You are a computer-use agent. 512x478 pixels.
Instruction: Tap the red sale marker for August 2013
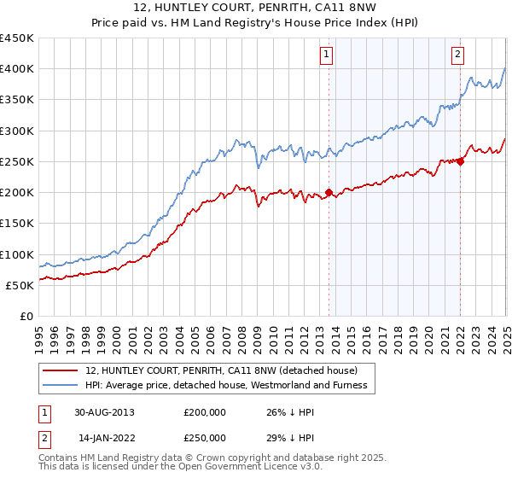pos(329,192)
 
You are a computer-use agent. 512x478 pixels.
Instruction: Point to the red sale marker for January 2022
pos(460,161)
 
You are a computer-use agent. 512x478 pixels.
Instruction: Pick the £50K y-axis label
pos(20,285)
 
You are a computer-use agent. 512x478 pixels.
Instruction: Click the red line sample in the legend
pos(61,370)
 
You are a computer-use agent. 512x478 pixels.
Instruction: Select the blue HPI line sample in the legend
pos(61,385)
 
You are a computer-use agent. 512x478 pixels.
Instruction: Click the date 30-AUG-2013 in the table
pos(103,411)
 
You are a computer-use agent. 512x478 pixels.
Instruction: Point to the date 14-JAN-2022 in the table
pos(103,437)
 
